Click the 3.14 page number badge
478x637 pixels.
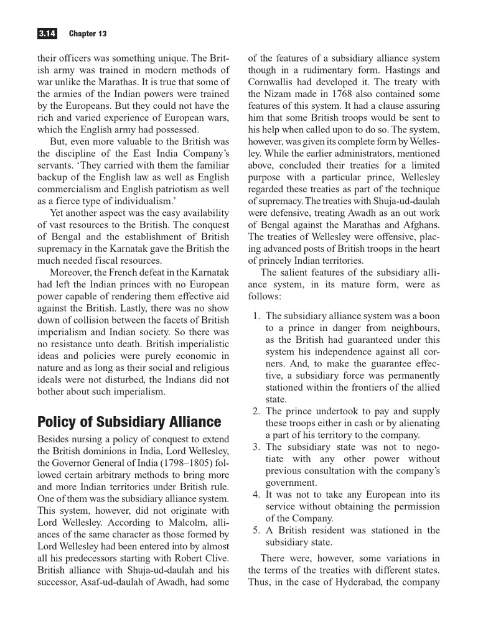pos(48,33)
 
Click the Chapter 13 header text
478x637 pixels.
pos(88,33)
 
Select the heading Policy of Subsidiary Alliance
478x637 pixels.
pos(129,422)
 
